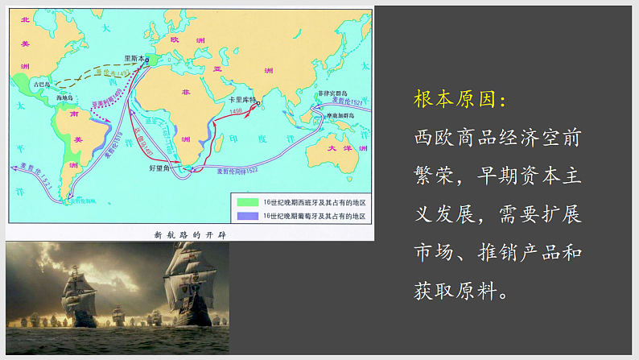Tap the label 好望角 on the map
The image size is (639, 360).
coord(163,168)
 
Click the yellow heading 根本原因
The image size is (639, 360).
coord(460,99)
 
